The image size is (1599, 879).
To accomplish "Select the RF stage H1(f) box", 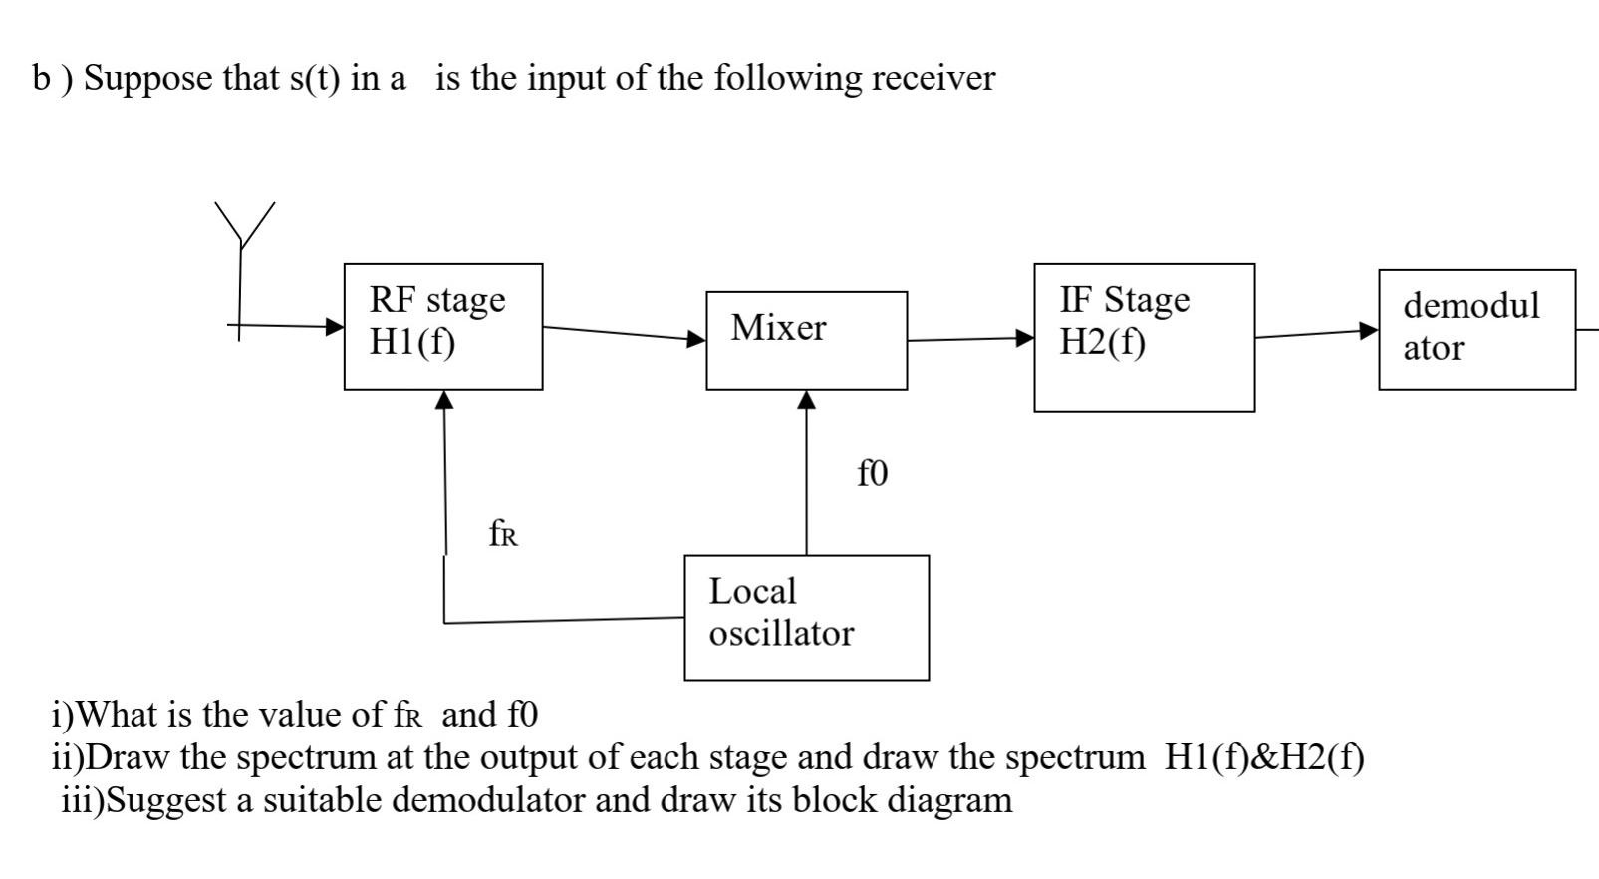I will (x=443, y=327).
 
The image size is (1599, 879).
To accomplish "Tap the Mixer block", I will (x=806, y=340).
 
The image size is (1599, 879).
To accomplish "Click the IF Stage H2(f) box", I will (x=1144, y=337).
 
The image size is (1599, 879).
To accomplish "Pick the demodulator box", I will (x=1476, y=329).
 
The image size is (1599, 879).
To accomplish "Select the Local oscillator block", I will (x=806, y=618).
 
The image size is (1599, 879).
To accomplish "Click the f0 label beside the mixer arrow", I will (x=872, y=474).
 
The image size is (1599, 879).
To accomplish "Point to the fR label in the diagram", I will (x=503, y=535).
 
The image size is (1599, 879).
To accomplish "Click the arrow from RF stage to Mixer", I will (x=624, y=333).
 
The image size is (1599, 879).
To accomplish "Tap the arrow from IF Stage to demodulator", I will (x=1315, y=334).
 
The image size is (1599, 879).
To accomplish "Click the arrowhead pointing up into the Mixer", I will (x=807, y=400).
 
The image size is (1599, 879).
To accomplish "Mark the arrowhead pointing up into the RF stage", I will (x=444, y=400).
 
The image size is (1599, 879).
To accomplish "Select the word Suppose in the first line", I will (x=148, y=79).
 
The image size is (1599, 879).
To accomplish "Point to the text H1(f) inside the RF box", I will (x=411, y=342).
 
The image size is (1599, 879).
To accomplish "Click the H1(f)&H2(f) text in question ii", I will (x=1263, y=758).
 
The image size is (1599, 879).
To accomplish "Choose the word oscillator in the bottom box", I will (x=781, y=634).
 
